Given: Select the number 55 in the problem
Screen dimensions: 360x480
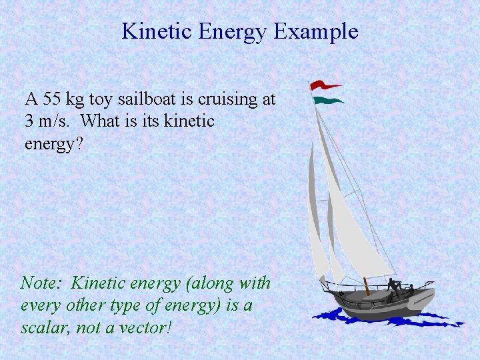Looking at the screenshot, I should coord(51,99).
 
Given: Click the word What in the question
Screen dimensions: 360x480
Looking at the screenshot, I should coord(105,121).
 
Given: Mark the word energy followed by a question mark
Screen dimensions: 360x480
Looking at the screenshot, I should coord(54,143).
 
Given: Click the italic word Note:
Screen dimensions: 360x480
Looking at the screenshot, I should coord(41,283).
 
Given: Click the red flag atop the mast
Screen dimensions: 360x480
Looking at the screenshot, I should coord(325,86).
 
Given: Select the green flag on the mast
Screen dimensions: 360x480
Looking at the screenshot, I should coord(329,101).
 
